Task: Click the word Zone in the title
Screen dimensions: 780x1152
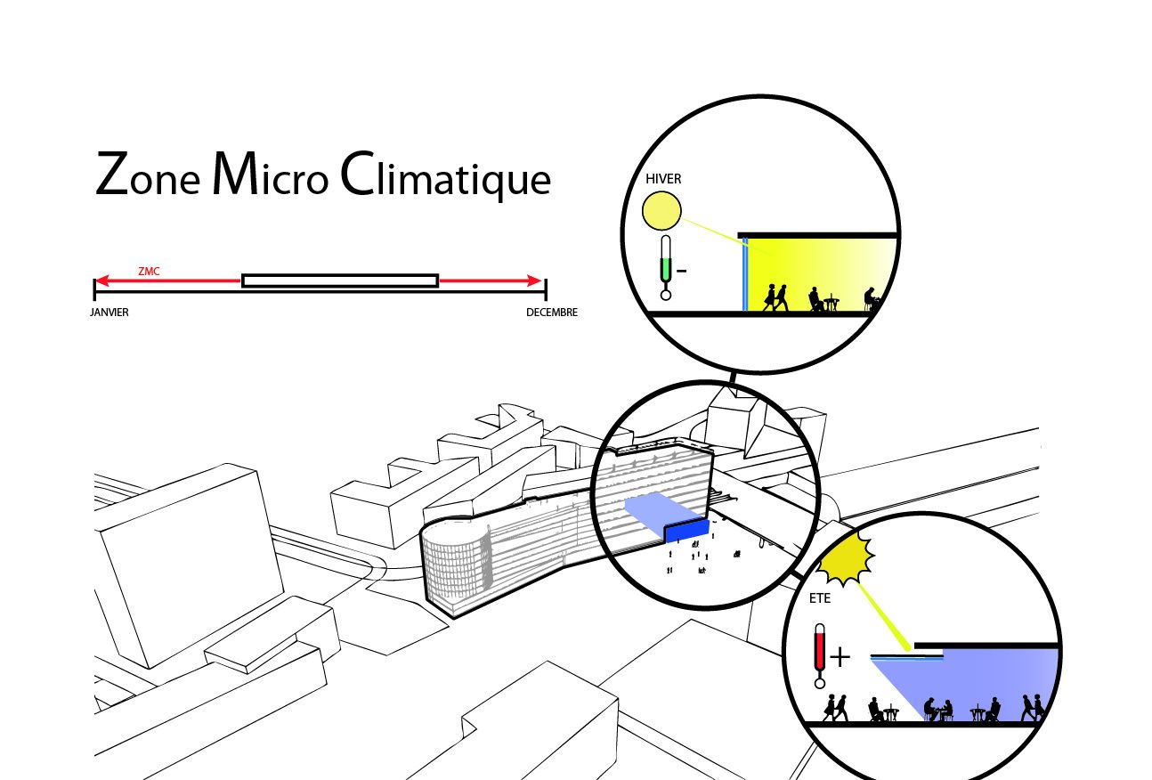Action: [148, 175]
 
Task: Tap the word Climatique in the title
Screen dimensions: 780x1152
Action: [446, 177]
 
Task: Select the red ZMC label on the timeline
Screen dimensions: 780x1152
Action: [149, 272]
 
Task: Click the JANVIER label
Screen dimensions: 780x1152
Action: [110, 313]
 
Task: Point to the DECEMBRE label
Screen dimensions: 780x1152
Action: [551, 313]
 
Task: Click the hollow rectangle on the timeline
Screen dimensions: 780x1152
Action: [339, 280]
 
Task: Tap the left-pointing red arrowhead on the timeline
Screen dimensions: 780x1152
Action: [101, 280]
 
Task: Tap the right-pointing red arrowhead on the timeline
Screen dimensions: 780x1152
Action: [534, 280]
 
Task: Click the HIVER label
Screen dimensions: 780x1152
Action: [663, 179]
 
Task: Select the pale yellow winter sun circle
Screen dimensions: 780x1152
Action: [661, 212]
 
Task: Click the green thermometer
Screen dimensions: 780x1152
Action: [665, 267]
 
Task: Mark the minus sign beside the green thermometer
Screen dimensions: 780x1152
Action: [681, 270]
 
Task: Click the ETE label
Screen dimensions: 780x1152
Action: [820, 599]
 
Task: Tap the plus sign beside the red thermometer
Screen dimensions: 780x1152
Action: [840, 657]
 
